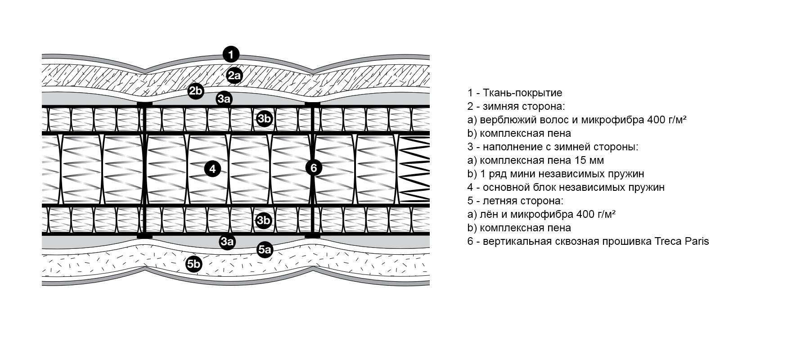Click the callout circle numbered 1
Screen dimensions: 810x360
tap(231, 55)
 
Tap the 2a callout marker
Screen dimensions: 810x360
tap(234, 76)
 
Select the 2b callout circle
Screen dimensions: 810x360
tap(196, 91)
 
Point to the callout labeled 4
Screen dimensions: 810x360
tap(212, 169)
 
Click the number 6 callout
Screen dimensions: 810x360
tap(314, 168)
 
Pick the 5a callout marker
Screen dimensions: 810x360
tap(265, 249)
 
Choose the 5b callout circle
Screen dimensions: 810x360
tap(193, 264)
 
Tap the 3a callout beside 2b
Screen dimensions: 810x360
tap(224, 99)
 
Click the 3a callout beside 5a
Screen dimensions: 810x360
tap(227, 242)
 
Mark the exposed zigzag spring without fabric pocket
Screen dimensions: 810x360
tap(414, 169)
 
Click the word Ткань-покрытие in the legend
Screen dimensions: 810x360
tap(522, 93)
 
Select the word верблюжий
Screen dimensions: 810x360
tap(506, 120)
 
